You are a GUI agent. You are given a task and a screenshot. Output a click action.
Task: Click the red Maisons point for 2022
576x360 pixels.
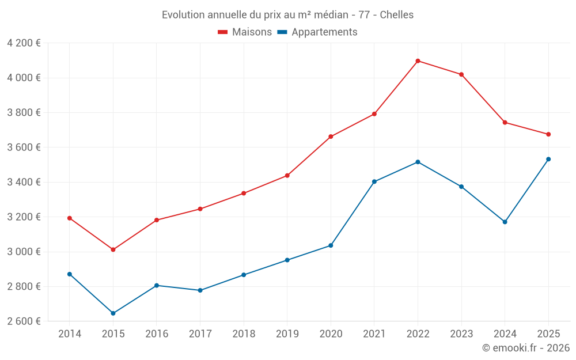(x=418, y=60)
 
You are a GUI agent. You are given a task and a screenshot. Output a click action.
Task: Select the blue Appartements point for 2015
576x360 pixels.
(x=113, y=313)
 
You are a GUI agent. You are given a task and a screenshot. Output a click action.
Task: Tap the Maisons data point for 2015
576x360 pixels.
(x=113, y=249)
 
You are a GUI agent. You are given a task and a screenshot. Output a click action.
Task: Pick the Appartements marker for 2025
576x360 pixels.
(x=548, y=159)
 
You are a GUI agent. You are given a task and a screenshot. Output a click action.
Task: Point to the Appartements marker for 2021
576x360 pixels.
(x=374, y=181)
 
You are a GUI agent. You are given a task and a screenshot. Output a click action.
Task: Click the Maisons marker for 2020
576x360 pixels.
(x=331, y=137)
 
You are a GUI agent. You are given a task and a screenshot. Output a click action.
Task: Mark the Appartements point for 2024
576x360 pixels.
(x=505, y=222)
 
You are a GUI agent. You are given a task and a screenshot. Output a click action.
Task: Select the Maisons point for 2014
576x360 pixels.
(x=70, y=218)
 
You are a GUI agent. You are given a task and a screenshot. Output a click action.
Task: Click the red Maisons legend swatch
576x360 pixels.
(x=223, y=32)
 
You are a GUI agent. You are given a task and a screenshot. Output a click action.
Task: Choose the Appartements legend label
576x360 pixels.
(x=324, y=32)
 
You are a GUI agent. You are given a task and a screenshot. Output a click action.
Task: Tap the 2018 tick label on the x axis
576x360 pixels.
(x=244, y=334)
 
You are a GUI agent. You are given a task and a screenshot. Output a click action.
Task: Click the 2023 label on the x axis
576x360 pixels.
(x=461, y=334)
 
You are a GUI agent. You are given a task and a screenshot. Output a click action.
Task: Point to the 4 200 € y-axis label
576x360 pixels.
(x=24, y=43)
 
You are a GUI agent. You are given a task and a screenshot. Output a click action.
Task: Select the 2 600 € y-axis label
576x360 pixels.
(x=24, y=321)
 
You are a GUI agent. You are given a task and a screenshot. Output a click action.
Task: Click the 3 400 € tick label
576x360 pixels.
(x=24, y=182)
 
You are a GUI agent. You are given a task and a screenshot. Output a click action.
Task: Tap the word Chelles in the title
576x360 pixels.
(x=397, y=15)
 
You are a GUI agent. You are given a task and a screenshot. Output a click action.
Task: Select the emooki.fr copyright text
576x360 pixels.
(x=525, y=348)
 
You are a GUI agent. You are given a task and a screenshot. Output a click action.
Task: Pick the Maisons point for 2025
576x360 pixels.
(x=548, y=134)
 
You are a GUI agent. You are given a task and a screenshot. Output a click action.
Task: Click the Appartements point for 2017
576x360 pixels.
(x=200, y=290)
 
